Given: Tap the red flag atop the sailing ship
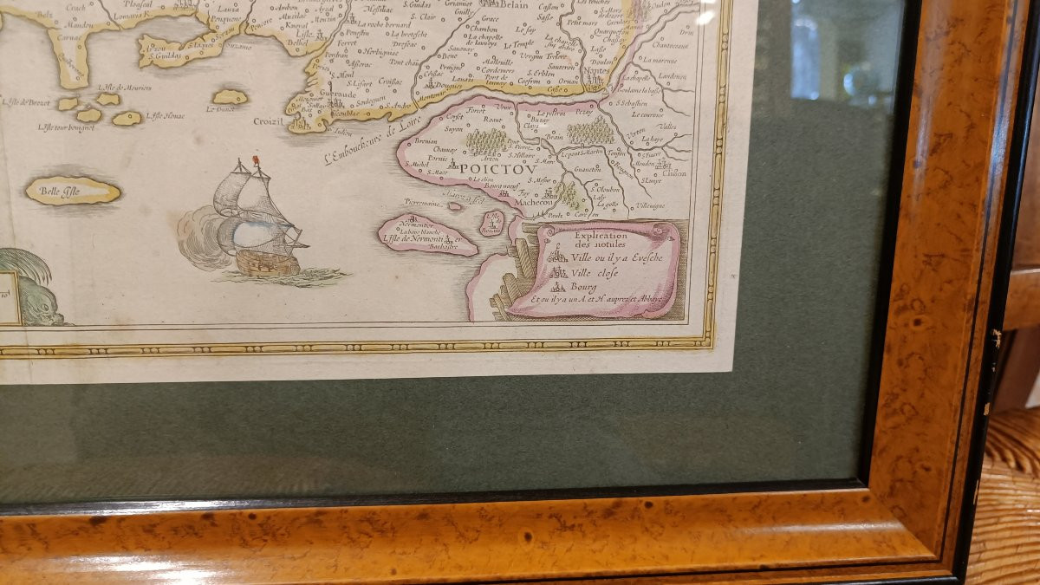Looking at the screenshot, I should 256,161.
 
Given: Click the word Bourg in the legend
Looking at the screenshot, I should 583,285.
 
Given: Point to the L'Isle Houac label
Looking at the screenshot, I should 166,114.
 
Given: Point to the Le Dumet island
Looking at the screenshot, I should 229,96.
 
